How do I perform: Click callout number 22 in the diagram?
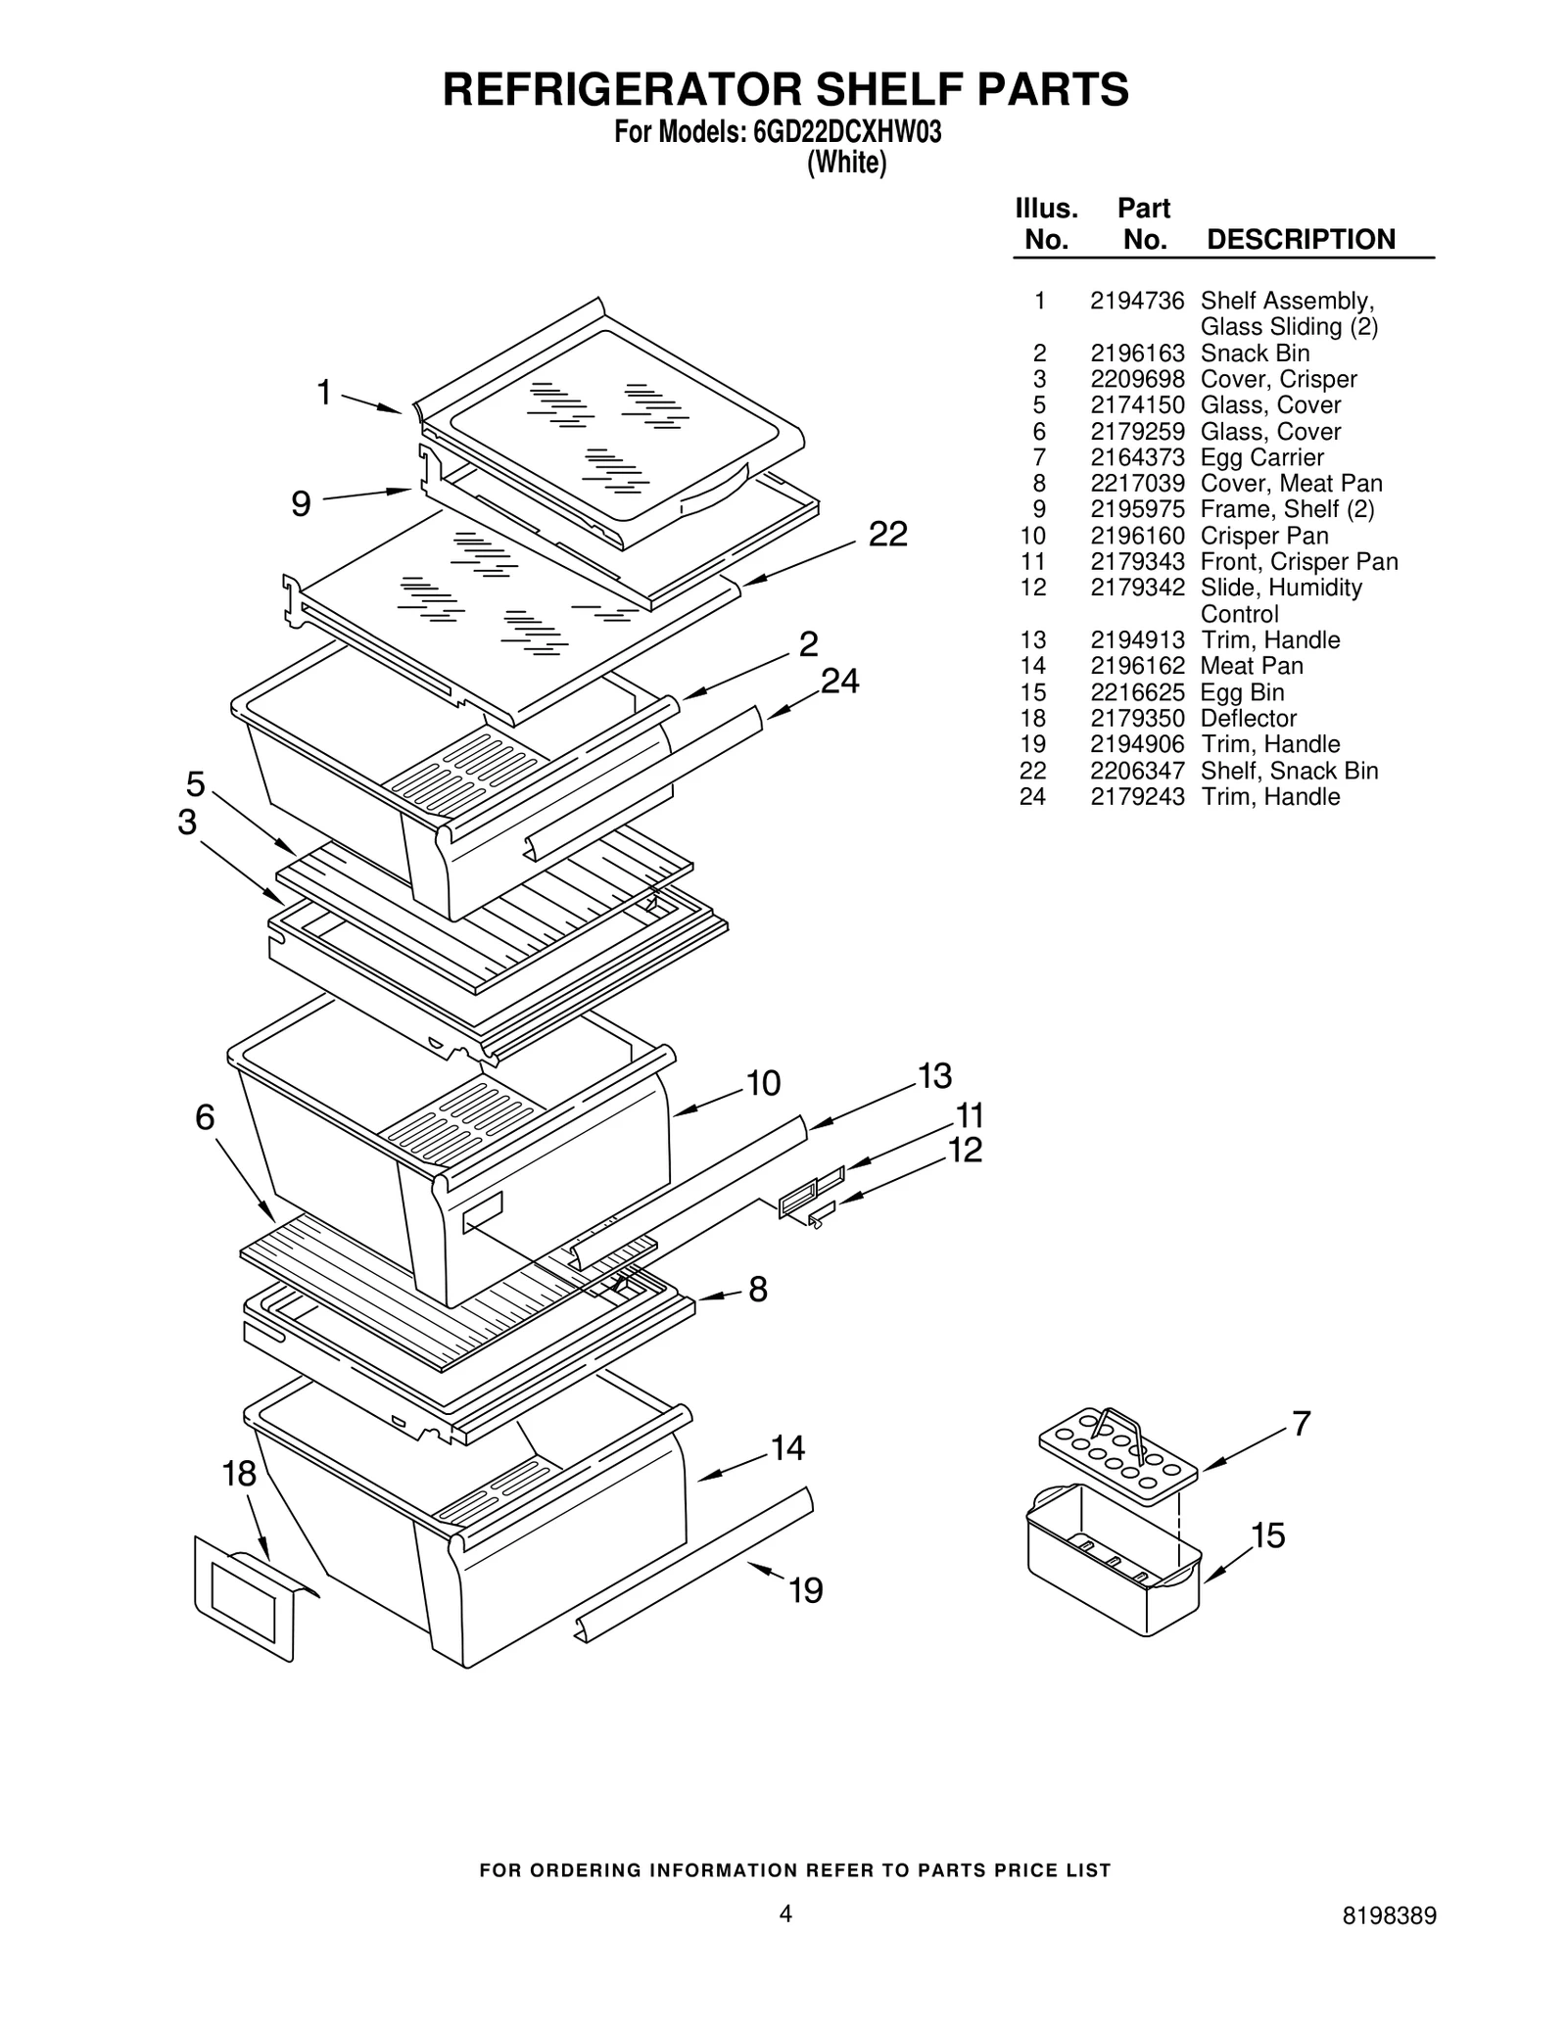pyautogui.click(x=887, y=534)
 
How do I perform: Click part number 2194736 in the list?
pyautogui.click(x=1136, y=301)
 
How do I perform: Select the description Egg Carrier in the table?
pyautogui.click(x=1261, y=457)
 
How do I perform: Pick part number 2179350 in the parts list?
pyautogui.click(x=1136, y=718)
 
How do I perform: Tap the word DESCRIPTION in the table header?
pyautogui.click(x=1300, y=240)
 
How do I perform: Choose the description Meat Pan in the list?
pyautogui.click(x=1252, y=666)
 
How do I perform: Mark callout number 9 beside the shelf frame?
pyautogui.click(x=301, y=503)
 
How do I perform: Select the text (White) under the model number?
pyautogui.click(x=846, y=164)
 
